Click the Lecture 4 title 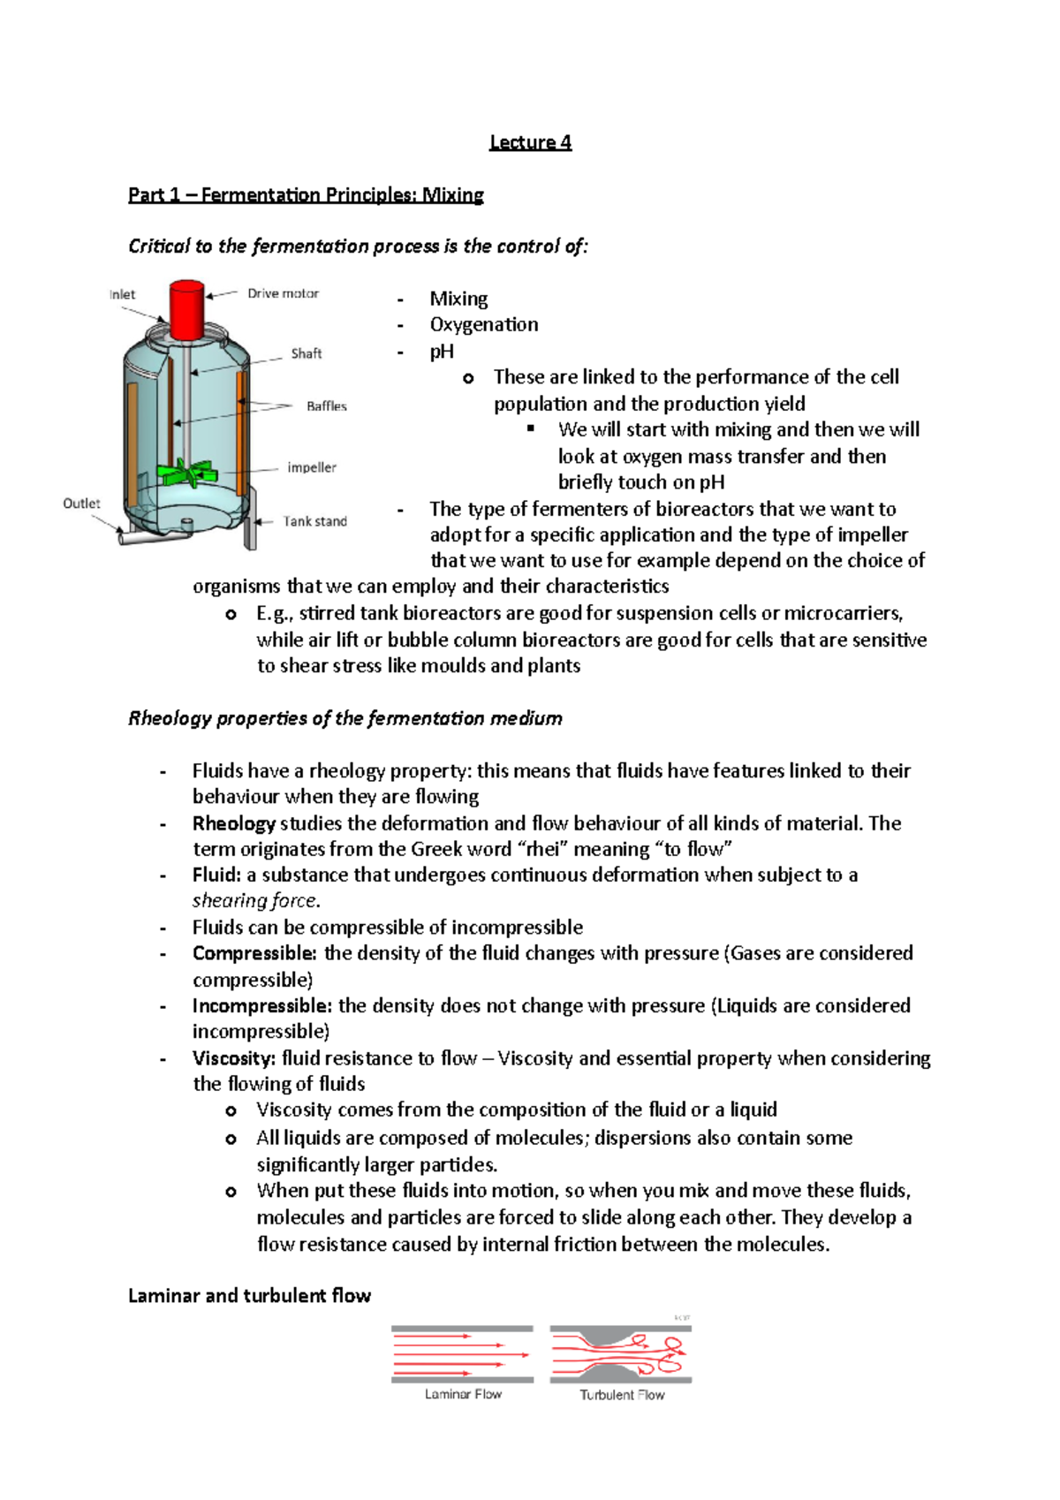pos(530,142)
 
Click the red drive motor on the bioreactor pos(186,309)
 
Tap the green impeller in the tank pos(187,473)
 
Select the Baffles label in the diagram pos(326,406)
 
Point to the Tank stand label pos(314,521)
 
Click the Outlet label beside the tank pos(81,504)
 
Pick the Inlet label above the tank pos(122,294)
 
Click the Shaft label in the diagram pos(307,353)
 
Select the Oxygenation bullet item pos(483,324)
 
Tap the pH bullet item pos(442,352)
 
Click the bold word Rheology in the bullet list pos(234,823)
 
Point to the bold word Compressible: pos(254,953)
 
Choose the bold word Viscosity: pos(234,1058)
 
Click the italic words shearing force pos(254,901)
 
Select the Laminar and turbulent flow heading pos(249,1296)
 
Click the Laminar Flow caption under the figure pos(462,1395)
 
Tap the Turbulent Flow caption pos(622,1396)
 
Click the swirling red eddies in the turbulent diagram pos(667,1353)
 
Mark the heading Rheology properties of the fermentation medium pos(344,718)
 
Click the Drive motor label pos(283,293)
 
